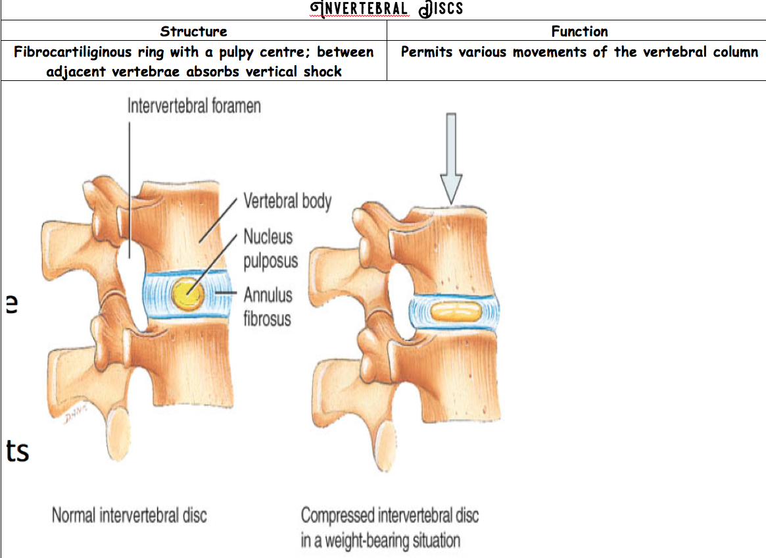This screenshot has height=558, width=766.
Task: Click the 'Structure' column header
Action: (193, 31)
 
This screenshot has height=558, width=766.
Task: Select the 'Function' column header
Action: (579, 31)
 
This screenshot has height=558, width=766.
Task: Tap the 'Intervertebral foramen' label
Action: (194, 106)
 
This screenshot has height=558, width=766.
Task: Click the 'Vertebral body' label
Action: (287, 201)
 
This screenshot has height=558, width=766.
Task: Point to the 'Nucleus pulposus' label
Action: (270, 248)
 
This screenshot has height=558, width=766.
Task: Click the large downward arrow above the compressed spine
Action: (451, 158)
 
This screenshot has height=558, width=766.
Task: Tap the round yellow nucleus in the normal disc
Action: (186, 294)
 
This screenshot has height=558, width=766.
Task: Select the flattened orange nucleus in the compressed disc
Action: (453, 311)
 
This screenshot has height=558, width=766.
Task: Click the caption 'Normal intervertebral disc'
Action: (129, 515)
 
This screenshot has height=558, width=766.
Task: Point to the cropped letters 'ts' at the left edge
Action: (18, 451)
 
